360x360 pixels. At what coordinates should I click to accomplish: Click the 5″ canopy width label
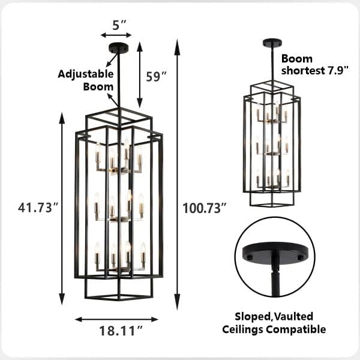[x=120, y=25]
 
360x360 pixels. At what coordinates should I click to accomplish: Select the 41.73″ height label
[x=38, y=208]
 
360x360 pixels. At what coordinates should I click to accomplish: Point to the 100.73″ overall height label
[x=205, y=208]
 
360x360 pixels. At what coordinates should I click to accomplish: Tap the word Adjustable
[x=86, y=74]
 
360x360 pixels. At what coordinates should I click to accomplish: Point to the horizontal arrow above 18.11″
[x=116, y=319]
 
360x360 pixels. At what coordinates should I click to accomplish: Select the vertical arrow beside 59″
[x=140, y=74]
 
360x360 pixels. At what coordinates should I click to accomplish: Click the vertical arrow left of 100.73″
[x=176, y=174]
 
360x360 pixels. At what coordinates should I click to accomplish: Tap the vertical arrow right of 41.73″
[x=62, y=208]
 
